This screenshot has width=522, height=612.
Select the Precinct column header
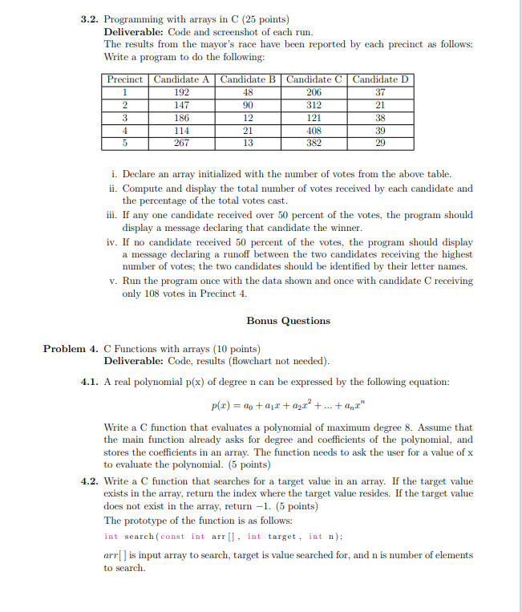pos(125,79)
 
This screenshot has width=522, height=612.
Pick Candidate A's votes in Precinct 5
pos(182,143)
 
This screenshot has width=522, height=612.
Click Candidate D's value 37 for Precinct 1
pos(381,92)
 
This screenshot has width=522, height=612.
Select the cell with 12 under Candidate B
pos(248,118)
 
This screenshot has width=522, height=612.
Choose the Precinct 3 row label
pos(125,118)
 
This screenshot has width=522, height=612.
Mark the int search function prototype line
pos(213,536)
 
